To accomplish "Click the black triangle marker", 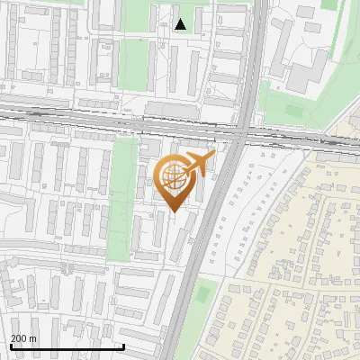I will [181, 24].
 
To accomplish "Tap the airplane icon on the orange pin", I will [196, 164].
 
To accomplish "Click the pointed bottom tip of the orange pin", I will [174, 211].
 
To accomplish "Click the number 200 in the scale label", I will [19, 338].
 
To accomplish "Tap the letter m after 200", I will [33, 338].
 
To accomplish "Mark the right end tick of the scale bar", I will [123, 346].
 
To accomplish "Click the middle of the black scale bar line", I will [66, 346].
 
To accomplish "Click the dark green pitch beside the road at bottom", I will [205, 293].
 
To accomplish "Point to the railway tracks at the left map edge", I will [4, 112].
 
